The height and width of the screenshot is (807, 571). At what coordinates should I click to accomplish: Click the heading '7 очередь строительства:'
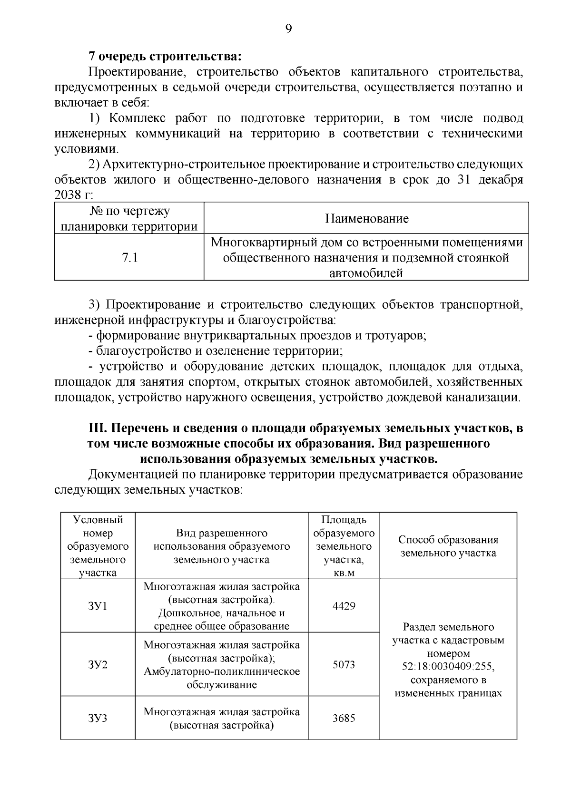(165, 57)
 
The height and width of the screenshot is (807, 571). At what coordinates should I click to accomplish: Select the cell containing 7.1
(129, 258)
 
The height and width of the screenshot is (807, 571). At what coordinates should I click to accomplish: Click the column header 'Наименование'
(366, 218)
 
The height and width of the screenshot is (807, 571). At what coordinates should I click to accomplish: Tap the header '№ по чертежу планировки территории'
(129, 218)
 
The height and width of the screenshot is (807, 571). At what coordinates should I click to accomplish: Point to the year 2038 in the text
(69, 195)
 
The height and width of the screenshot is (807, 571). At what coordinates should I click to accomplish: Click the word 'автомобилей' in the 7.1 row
(366, 273)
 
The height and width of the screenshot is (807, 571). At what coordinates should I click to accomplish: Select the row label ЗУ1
(98, 606)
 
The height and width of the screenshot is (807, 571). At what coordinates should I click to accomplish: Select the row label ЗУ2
(98, 664)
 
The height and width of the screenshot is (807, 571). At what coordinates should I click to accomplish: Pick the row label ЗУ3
(98, 718)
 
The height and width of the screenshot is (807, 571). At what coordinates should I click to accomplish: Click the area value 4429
(344, 606)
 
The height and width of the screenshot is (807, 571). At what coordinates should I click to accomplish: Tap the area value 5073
(344, 664)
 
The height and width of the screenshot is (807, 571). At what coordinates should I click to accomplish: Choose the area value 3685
(344, 718)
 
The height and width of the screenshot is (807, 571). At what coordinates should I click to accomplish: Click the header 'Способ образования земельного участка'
(448, 546)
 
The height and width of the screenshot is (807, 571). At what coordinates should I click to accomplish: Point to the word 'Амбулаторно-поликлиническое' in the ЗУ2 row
(222, 671)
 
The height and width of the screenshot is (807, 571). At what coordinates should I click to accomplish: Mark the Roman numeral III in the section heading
(97, 428)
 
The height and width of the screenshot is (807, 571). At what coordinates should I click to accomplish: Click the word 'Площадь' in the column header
(344, 520)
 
